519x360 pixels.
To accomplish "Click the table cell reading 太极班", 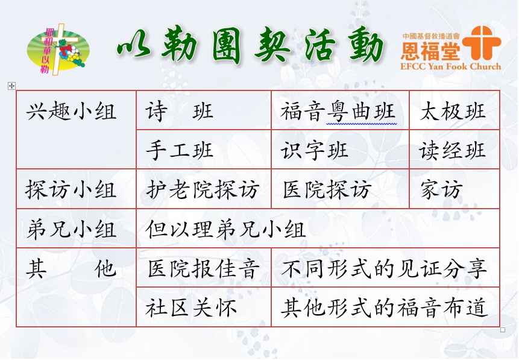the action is pyautogui.click(x=454, y=110).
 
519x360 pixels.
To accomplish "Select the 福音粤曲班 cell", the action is pyautogui.click(x=340, y=110).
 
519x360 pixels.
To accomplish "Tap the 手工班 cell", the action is pyautogui.click(x=204, y=150).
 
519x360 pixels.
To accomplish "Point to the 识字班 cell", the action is pyautogui.click(x=340, y=150).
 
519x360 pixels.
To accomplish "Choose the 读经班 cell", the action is pyautogui.click(x=454, y=150).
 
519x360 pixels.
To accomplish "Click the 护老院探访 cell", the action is pyautogui.click(x=204, y=189).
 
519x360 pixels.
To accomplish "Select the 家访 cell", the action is pyautogui.click(x=454, y=189).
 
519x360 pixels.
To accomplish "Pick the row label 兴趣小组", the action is pyautogui.click(x=71, y=111).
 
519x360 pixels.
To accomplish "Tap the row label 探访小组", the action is pyautogui.click(x=71, y=189).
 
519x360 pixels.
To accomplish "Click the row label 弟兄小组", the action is pyautogui.click(x=71, y=229).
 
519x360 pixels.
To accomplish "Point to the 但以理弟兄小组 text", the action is pyautogui.click(x=225, y=229).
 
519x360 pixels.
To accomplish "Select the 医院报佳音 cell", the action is pyautogui.click(x=204, y=267).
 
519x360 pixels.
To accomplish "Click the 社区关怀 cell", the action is pyautogui.click(x=204, y=307).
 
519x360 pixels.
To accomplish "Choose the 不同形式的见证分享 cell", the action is pyautogui.click(x=385, y=267).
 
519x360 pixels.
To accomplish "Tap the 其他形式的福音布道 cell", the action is pyautogui.click(x=385, y=307).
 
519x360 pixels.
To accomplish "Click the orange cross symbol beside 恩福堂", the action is pyautogui.click(x=482, y=42).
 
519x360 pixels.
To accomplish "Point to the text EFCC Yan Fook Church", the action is pyautogui.click(x=450, y=66).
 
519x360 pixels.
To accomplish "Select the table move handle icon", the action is pyautogui.click(x=11, y=86).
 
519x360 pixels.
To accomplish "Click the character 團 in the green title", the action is pyautogui.click(x=226, y=46).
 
